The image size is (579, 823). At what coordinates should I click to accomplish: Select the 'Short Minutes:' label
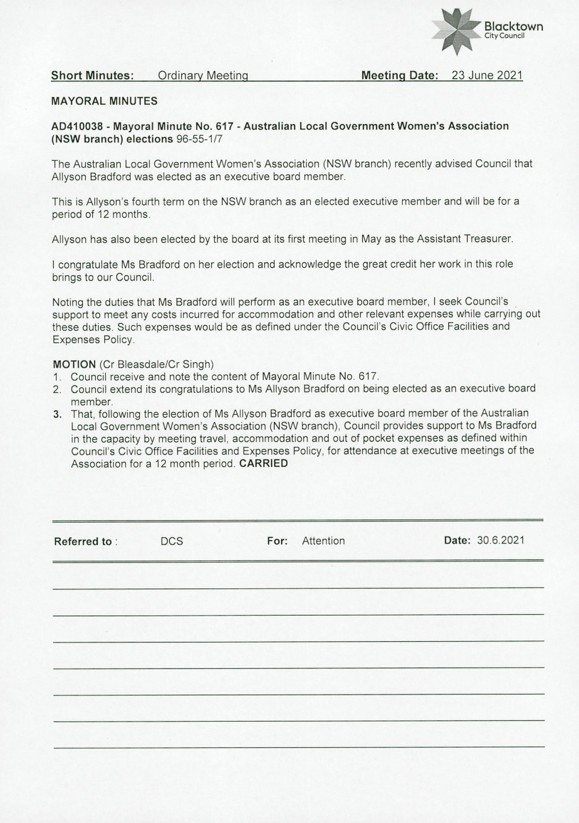[93, 75]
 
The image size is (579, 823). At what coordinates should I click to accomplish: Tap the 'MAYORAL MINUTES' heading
[104, 101]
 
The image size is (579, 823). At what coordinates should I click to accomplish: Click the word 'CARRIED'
[263, 464]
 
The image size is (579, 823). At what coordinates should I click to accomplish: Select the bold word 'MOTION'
[74, 364]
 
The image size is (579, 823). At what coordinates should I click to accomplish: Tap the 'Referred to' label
[83, 542]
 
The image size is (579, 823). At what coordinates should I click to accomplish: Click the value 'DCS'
[171, 541]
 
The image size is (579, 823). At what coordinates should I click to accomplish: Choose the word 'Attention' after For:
[323, 541]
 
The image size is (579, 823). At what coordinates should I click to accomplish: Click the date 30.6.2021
[501, 541]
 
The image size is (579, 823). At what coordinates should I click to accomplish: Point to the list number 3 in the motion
[57, 414]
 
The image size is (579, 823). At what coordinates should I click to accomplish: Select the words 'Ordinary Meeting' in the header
[203, 75]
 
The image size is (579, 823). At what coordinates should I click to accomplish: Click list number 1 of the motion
[57, 376]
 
